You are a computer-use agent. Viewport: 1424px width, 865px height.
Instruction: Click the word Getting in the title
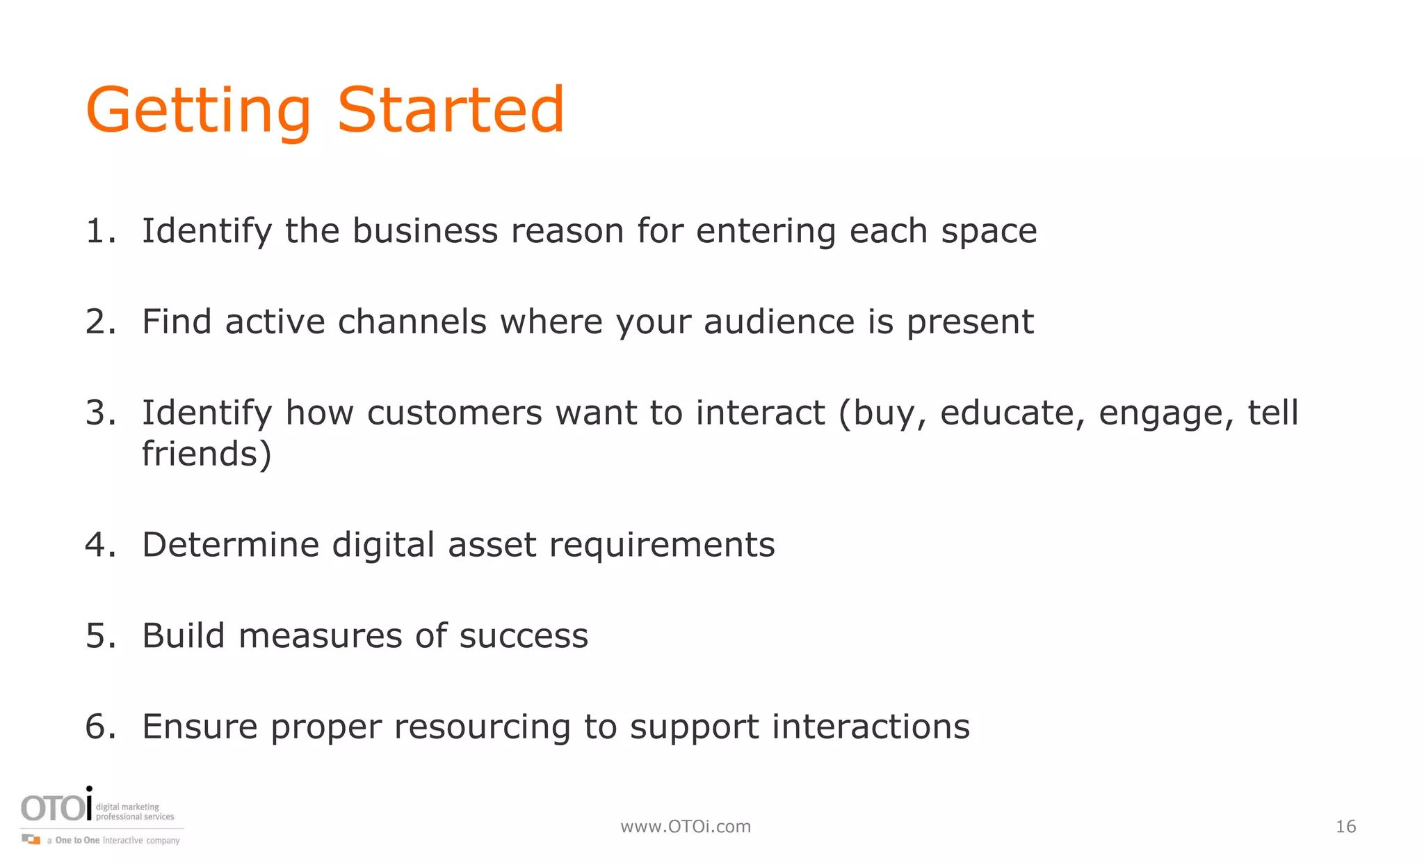click(x=198, y=111)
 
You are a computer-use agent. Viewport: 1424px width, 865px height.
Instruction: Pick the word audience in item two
click(x=779, y=322)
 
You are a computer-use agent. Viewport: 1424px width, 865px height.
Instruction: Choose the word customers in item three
click(x=454, y=413)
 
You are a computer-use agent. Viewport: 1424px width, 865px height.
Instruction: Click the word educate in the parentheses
click(x=1012, y=413)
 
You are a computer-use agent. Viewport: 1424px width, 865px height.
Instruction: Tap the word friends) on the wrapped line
click(x=207, y=454)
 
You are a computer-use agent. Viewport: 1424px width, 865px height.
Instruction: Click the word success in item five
click(x=523, y=636)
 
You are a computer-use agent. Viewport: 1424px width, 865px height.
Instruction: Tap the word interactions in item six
click(x=871, y=727)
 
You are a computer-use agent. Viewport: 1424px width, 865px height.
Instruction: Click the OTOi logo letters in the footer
click(x=56, y=808)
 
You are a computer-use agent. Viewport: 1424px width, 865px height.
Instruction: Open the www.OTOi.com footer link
click(x=686, y=827)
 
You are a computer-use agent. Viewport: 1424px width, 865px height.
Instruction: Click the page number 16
click(x=1345, y=827)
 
